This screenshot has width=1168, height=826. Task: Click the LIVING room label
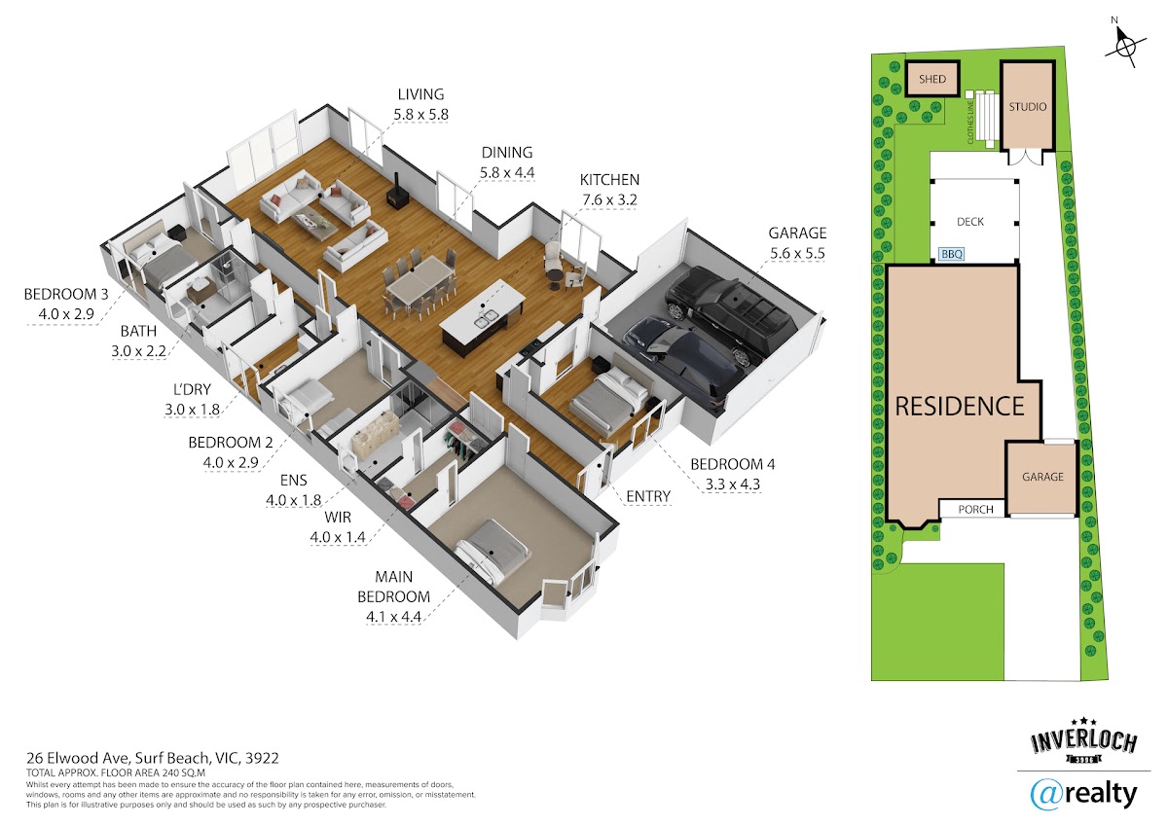(420, 94)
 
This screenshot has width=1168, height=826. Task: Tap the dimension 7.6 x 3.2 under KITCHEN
(609, 200)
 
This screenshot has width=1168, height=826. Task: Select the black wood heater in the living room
(396, 194)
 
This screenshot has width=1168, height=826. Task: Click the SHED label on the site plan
(932, 79)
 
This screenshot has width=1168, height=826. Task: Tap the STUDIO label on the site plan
(1027, 107)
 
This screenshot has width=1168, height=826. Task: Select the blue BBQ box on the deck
(952, 254)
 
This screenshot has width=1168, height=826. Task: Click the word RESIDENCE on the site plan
(960, 407)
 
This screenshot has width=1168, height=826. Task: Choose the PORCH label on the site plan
(975, 509)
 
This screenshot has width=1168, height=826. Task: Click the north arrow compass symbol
(1125, 47)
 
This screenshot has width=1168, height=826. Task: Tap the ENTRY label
(648, 496)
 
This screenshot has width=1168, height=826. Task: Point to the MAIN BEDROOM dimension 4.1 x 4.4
(393, 617)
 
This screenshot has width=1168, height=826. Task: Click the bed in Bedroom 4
(610, 398)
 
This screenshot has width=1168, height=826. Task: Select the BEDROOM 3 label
(66, 295)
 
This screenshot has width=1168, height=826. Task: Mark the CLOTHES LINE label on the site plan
(970, 123)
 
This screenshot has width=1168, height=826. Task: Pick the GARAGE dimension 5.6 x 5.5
(797, 253)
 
